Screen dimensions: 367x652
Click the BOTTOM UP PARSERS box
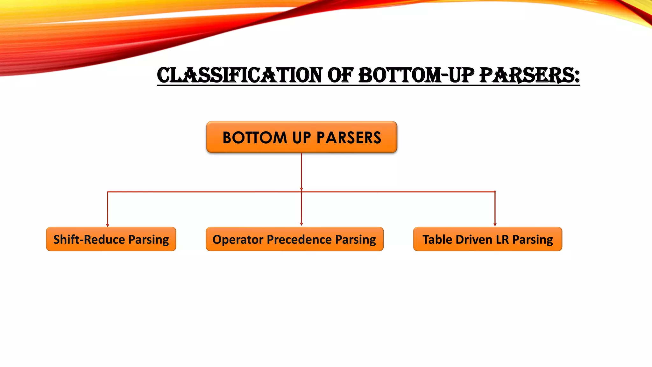point(301,137)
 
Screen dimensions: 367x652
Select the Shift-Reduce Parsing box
point(111,239)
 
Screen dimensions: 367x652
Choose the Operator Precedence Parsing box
point(294,239)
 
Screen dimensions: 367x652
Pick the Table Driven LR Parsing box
point(487,239)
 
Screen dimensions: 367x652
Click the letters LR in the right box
point(502,239)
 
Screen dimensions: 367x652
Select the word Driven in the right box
point(474,239)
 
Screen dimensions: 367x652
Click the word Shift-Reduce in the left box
point(89,239)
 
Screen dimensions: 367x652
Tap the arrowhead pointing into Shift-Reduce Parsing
point(108,225)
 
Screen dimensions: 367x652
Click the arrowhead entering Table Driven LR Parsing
point(495,225)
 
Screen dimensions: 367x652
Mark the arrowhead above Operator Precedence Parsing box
point(301,224)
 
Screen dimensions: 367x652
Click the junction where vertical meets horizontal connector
point(301,191)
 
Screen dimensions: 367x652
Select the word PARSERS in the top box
point(349,138)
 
